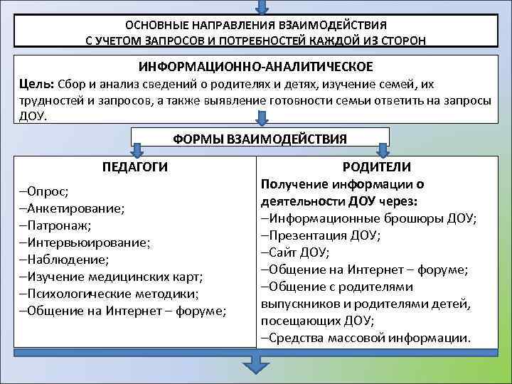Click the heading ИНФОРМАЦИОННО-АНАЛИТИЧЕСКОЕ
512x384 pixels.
point(256,66)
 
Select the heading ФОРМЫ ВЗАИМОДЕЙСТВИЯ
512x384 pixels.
point(260,137)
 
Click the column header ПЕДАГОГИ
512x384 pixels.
point(135,167)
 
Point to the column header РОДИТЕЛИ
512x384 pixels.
point(376,166)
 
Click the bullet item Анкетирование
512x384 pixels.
point(72,208)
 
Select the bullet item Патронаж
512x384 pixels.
point(52,225)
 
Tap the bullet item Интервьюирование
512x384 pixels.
point(85,242)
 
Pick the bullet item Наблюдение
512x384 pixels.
point(64,260)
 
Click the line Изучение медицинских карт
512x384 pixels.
point(111,277)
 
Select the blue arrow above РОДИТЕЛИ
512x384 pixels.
point(383,150)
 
